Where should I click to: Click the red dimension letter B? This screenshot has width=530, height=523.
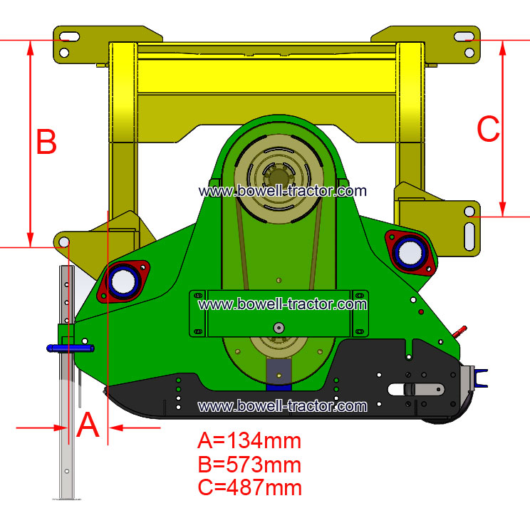click(46, 141)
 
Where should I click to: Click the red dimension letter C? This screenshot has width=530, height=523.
click(488, 128)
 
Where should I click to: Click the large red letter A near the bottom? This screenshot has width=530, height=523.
click(88, 425)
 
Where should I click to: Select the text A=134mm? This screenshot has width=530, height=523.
click(249, 441)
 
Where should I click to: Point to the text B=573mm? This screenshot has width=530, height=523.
click(249, 465)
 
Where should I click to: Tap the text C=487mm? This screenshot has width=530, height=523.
click(249, 487)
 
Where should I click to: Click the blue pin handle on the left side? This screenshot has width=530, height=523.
click(71, 348)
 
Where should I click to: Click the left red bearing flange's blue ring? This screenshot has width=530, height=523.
click(123, 281)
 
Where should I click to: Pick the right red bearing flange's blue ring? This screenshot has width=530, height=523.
click(410, 252)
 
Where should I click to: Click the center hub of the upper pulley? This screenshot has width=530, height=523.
click(279, 177)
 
